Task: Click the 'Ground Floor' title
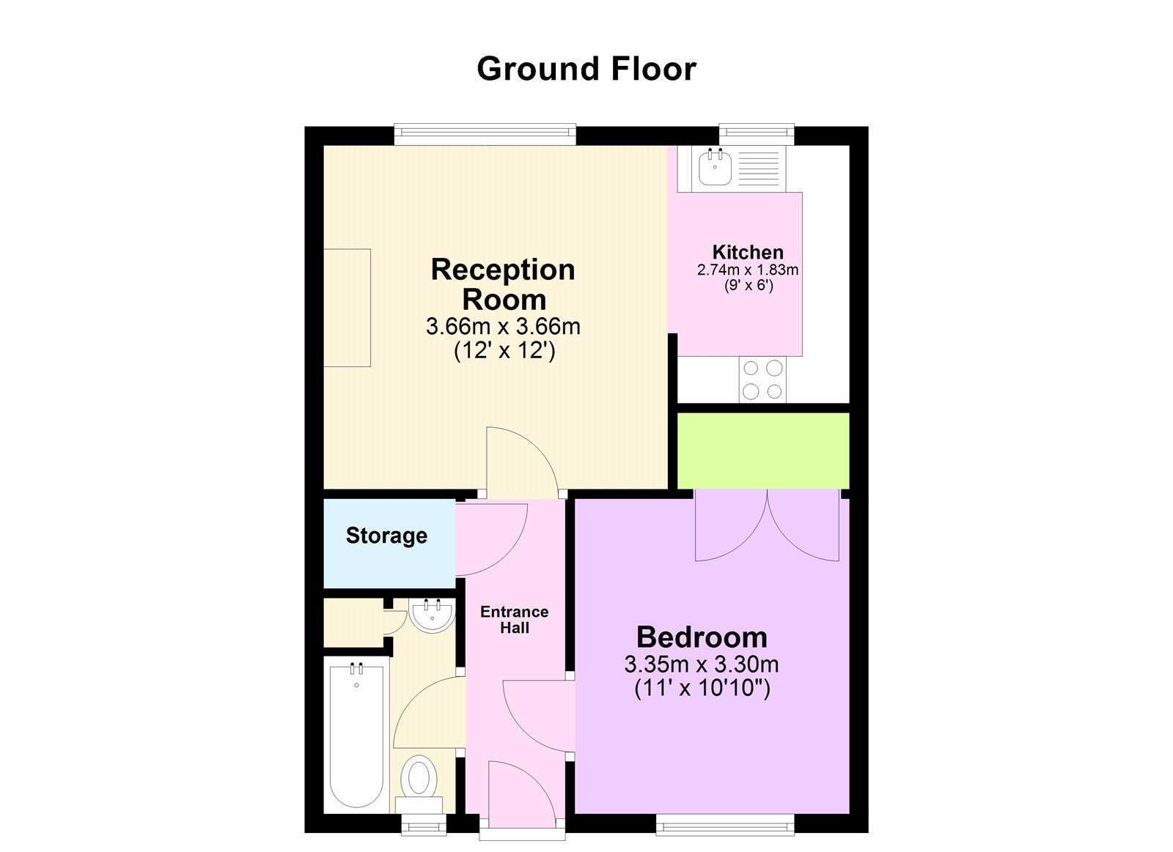[x=586, y=69]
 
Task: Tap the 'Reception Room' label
[x=503, y=284]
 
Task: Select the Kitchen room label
[x=748, y=252]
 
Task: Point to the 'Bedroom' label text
[x=702, y=637]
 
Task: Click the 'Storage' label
[x=386, y=536]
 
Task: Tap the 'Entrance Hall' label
[x=514, y=619]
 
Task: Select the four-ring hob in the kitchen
[x=762, y=380]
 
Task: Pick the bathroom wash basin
[x=432, y=615]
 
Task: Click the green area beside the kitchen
[x=762, y=450]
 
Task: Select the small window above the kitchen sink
[x=757, y=133]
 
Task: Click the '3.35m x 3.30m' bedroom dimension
[x=702, y=664]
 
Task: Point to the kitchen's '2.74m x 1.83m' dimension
[x=748, y=270]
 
